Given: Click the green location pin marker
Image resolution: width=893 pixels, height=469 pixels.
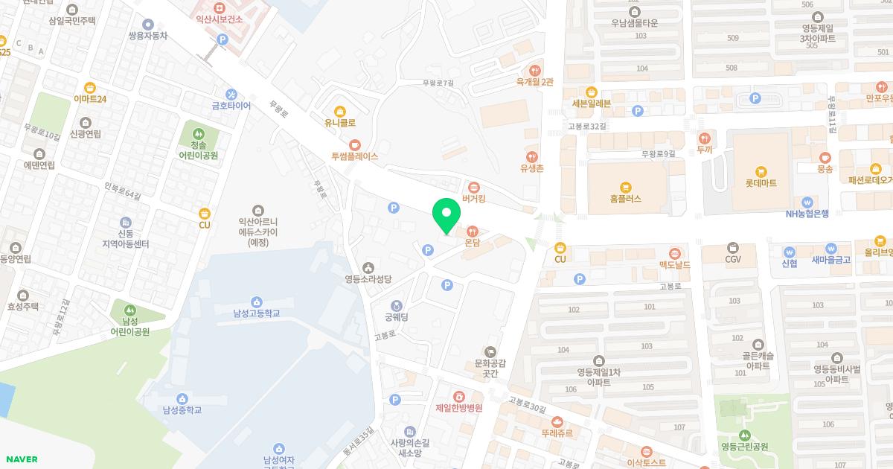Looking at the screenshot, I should pos(446,216).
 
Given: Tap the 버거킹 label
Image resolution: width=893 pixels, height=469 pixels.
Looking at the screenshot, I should pos(474,199).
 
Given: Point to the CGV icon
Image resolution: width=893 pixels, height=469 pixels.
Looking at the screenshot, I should pos(733,247).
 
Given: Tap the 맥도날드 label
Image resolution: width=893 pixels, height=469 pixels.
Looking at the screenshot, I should pos(675,265).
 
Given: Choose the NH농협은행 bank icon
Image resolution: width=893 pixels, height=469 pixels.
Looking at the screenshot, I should pos(807,202).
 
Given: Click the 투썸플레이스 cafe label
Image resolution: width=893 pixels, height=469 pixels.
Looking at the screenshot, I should pos(355,156).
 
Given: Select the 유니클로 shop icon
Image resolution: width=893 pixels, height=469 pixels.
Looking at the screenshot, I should pos(340,111).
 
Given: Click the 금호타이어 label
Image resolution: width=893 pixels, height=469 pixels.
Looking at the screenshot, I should pos(231,106).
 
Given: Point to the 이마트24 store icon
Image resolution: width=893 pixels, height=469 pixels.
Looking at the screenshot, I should pos(90,87).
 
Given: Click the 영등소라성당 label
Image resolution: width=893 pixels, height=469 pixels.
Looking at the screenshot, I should pos(368,279).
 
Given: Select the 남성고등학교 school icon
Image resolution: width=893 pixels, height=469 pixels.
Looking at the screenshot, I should pos(256,301).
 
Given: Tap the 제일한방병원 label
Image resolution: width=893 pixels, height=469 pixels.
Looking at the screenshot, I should pos(459,408).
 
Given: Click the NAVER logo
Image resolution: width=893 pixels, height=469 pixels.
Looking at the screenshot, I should pos(20,459).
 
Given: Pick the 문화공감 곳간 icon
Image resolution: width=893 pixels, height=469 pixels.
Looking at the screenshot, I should pos(490,351).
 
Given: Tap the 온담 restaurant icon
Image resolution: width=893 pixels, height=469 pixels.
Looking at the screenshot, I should pos(472,230).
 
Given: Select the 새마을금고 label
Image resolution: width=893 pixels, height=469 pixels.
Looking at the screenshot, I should pos(831,260).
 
